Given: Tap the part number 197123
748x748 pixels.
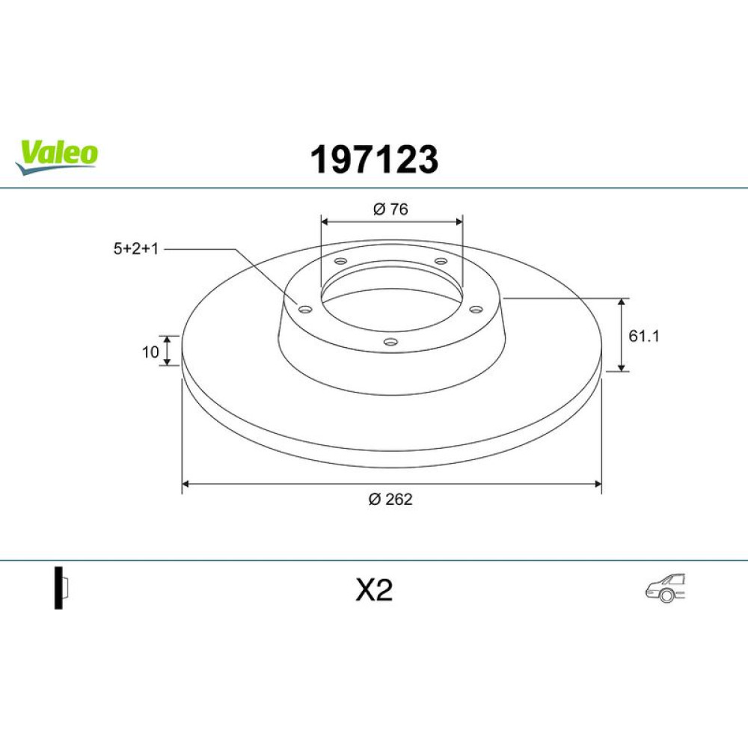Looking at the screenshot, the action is (374, 160).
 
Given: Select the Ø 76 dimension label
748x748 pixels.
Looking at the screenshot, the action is (390, 209).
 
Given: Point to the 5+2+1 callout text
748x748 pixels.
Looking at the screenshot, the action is (136, 248).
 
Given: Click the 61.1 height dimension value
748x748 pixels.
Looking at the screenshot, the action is (643, 336).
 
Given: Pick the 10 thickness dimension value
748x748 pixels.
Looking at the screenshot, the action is (150, 352).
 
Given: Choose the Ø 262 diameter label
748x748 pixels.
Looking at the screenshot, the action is (390, 499).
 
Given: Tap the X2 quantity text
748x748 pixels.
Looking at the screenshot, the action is (374, 590).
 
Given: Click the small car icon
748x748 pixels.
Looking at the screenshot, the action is (665, 588).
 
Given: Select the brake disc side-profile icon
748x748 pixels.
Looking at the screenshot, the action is (61, 588).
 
